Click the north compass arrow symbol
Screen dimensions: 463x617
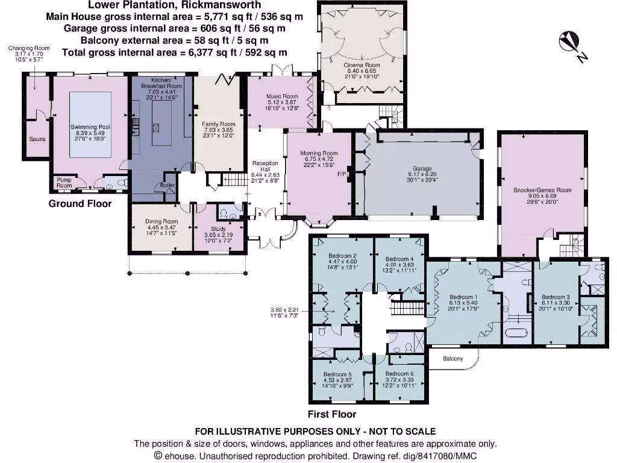(x=570, y=43)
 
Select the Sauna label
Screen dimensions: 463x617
(x=37, y=139)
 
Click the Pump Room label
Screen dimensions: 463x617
(x=64, y=183)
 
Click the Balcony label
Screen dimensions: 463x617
(x=453, y=359)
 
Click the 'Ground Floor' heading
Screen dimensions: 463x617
(x=80, y=204)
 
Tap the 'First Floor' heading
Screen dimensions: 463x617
(x=331, y=415)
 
